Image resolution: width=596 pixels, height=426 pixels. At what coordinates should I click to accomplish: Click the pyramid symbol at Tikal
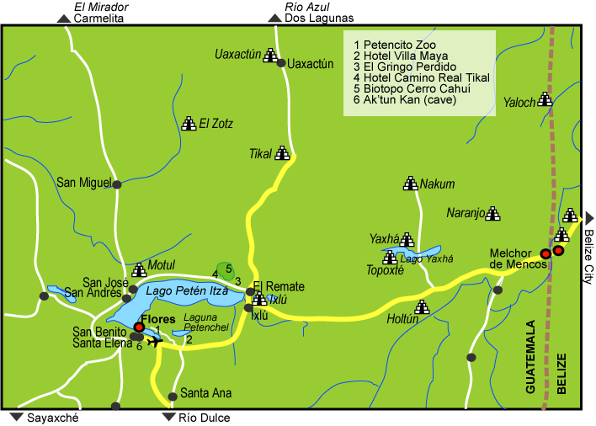tap(283, 153)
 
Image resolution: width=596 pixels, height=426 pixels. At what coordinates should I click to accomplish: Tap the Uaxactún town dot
tap(282, 62)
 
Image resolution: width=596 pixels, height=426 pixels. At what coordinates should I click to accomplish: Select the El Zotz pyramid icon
tap(189, 123)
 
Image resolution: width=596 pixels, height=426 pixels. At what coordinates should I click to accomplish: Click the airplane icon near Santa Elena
tap(154, 341)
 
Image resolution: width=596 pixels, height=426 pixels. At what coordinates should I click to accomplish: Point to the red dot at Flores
tap(139, 327)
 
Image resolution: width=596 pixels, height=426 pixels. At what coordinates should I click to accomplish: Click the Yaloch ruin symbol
tap(545, 99)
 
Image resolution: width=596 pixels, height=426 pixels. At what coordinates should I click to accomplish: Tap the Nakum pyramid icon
tap(411, 183)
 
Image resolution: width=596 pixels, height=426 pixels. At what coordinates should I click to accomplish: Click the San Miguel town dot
tap(117, 184)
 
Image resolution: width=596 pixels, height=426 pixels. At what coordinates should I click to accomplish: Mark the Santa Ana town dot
tap(172, 394)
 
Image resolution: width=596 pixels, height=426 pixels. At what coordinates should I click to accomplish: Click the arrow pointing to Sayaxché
tap(16, 417)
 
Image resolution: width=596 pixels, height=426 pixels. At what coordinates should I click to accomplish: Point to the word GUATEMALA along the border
tap(530, 357)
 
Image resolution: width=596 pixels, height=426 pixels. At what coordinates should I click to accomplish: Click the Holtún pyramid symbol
tap(422, 307)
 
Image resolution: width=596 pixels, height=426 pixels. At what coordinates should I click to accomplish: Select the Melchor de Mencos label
tap(519, 258)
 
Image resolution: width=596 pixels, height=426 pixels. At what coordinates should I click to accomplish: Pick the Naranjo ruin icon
tap(493, 214)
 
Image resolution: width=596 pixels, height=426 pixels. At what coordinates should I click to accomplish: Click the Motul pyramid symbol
tap(139, 269)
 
